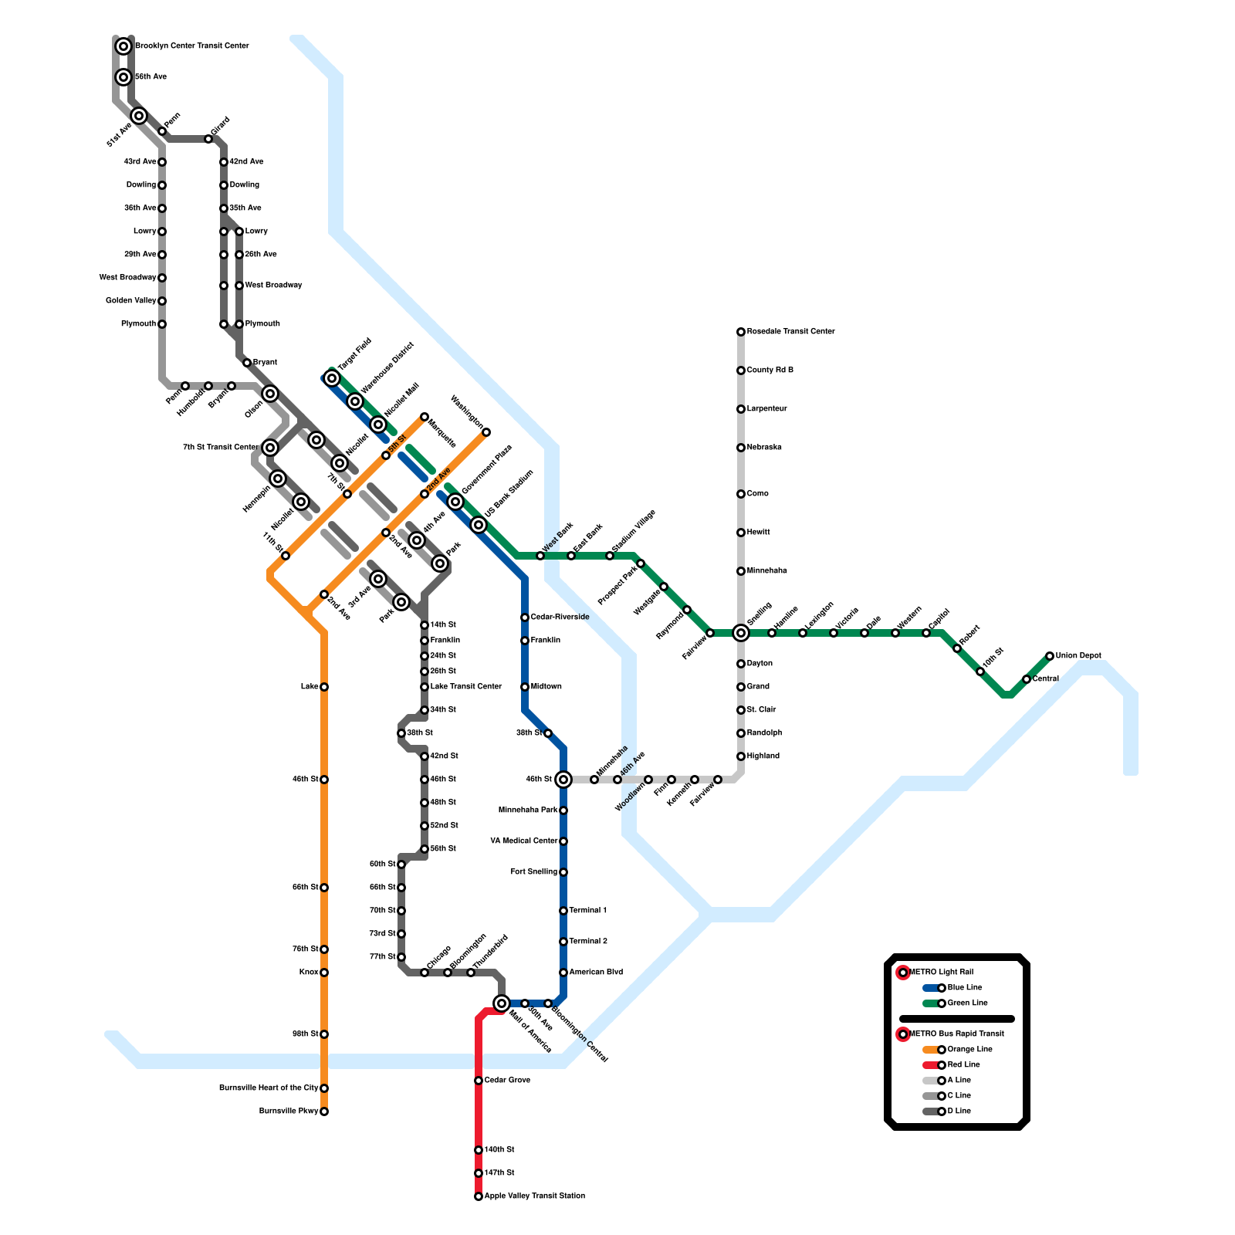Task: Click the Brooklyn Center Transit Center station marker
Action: [123, 46]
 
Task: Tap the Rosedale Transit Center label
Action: [790, 332]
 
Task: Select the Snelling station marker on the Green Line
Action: [741, 633]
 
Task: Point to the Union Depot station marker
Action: [1050, 656]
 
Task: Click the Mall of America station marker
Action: [502, 1003]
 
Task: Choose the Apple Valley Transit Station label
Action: [534, 1196]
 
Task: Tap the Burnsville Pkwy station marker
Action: [324, 1111]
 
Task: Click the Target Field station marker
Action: [332, 378]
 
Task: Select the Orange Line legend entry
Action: [969, 1050]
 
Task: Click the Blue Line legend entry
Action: [964, 988]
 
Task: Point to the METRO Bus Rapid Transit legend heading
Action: [956, 1034]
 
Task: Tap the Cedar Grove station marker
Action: [479, 1081]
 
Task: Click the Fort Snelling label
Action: [533, 872]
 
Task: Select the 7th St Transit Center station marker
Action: [270, 448]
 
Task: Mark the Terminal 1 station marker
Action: [563, 911]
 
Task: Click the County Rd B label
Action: [770, 370]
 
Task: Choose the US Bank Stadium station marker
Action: [479, 525]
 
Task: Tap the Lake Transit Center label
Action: [465, 687]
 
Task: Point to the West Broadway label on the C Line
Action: [127, 278]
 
